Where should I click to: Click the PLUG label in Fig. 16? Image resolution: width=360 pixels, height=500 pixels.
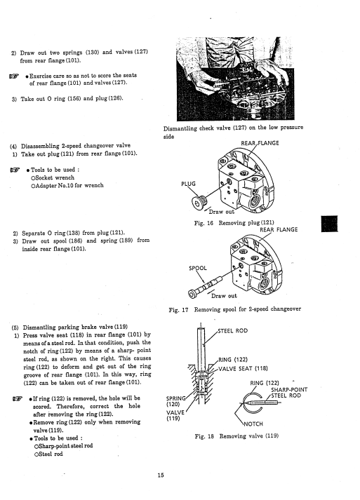click(188, 184)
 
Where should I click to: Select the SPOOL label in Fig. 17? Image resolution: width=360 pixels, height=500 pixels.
click(198, 268)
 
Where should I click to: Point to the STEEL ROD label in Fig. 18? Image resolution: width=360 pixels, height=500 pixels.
click(233, 331)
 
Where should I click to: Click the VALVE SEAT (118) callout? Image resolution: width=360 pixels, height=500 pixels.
click(243, 369)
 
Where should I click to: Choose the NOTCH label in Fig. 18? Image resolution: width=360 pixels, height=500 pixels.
click(253, 424)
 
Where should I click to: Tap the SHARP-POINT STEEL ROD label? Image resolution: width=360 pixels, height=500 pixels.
click(289, 393)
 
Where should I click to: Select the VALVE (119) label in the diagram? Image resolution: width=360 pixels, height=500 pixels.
click(175, 415)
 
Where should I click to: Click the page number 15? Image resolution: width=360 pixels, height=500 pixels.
click(161, 475)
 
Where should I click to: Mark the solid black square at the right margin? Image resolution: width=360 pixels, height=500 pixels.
click(329, 224)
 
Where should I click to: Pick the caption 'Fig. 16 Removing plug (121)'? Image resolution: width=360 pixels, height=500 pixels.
click(234, 223)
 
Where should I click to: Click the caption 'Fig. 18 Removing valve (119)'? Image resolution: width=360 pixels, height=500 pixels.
click(236, 436)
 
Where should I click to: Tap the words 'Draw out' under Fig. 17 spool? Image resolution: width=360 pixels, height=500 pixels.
click(224, 296)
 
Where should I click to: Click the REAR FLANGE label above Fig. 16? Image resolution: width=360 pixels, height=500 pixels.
click(260, 143)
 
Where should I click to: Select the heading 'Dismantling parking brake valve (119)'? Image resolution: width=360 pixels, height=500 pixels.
click(75, 327)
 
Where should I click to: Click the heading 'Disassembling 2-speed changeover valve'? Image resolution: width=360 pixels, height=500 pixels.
click(76, 146)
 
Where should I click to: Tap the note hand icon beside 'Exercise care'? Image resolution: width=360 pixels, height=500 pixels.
click(14, 76)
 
